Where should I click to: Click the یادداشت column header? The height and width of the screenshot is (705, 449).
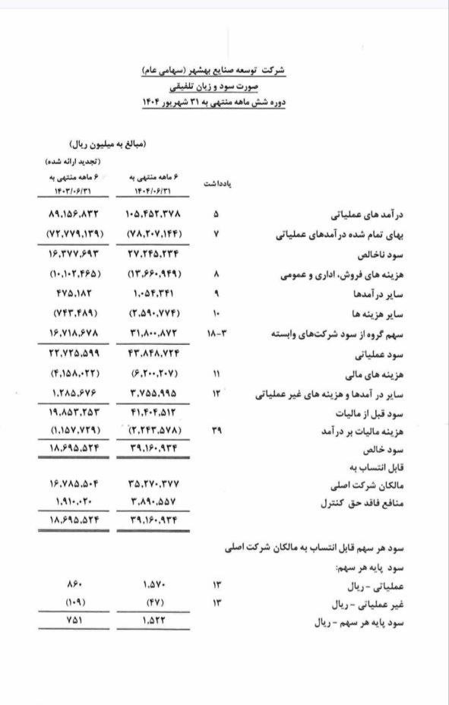tap(218, 185)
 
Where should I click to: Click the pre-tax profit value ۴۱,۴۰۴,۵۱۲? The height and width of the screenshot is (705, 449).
tap(154, 414)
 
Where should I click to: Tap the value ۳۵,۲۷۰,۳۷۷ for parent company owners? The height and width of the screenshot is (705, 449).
tap(154, 483)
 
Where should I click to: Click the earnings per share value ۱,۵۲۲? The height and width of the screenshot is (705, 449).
tap(154, 621)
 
